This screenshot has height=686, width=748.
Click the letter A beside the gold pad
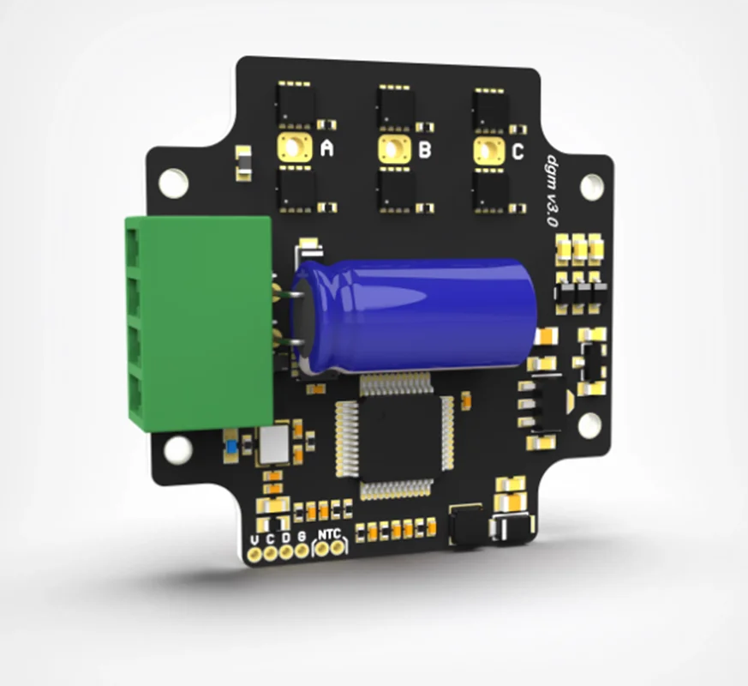[x=326, y=149]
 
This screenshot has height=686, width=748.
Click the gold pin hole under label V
[x=254, y=553]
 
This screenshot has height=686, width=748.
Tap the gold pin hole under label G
[x=302, y=551]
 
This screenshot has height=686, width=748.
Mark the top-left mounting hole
[x=173, y=182]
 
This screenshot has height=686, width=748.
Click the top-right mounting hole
[x=591, y=186]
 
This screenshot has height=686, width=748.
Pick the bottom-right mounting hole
[x=589, y=424]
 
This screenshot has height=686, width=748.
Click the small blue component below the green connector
[x=230, y=446]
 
